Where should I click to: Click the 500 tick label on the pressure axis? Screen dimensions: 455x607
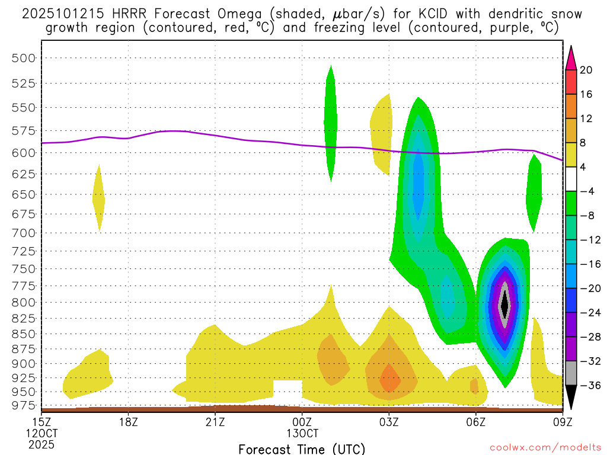(x=24, y=58)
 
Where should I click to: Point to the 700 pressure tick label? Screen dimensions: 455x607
(x=24, y=233)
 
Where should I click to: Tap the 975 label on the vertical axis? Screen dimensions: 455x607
(x=24, y=405)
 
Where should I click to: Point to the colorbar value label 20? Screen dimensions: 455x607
(x=586, y=70)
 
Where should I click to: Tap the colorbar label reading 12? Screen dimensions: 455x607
(x=586, y=118)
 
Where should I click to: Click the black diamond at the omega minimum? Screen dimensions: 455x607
(x=504, y=306)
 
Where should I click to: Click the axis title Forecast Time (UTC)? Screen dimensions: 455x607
(x=302, y=448)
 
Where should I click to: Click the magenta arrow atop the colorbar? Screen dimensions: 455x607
(x=571, y=57)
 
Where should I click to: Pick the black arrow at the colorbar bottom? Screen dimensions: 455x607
(x=571, y=398)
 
